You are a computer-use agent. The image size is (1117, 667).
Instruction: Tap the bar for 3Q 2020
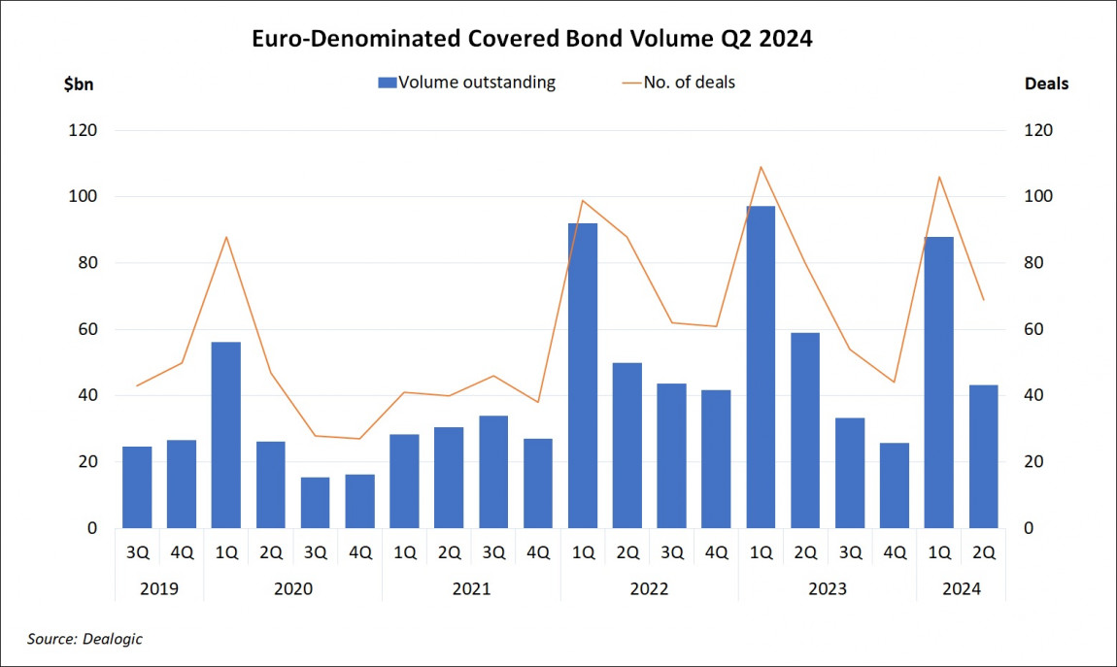(x=316, y=502)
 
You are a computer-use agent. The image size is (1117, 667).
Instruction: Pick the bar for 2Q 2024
(x=983, y=456)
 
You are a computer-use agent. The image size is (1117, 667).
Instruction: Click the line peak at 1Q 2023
(x=761, y=167)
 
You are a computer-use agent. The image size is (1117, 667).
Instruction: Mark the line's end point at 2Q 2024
(x=983, y=299)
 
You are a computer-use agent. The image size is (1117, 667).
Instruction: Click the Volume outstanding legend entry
(x=466, y=83)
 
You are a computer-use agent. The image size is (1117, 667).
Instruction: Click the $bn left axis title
(x=80, y=83)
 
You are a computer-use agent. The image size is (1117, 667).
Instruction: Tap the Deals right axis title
(x=1046, y=83)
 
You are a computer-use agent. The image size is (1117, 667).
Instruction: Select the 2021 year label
(x=471, y=589)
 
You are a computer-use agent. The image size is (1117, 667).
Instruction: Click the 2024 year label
(x=961, y=589)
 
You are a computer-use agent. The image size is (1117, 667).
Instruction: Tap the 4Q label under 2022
(x=716, y=552)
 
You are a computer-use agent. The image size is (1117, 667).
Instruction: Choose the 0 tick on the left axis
(x=92, y=528)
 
